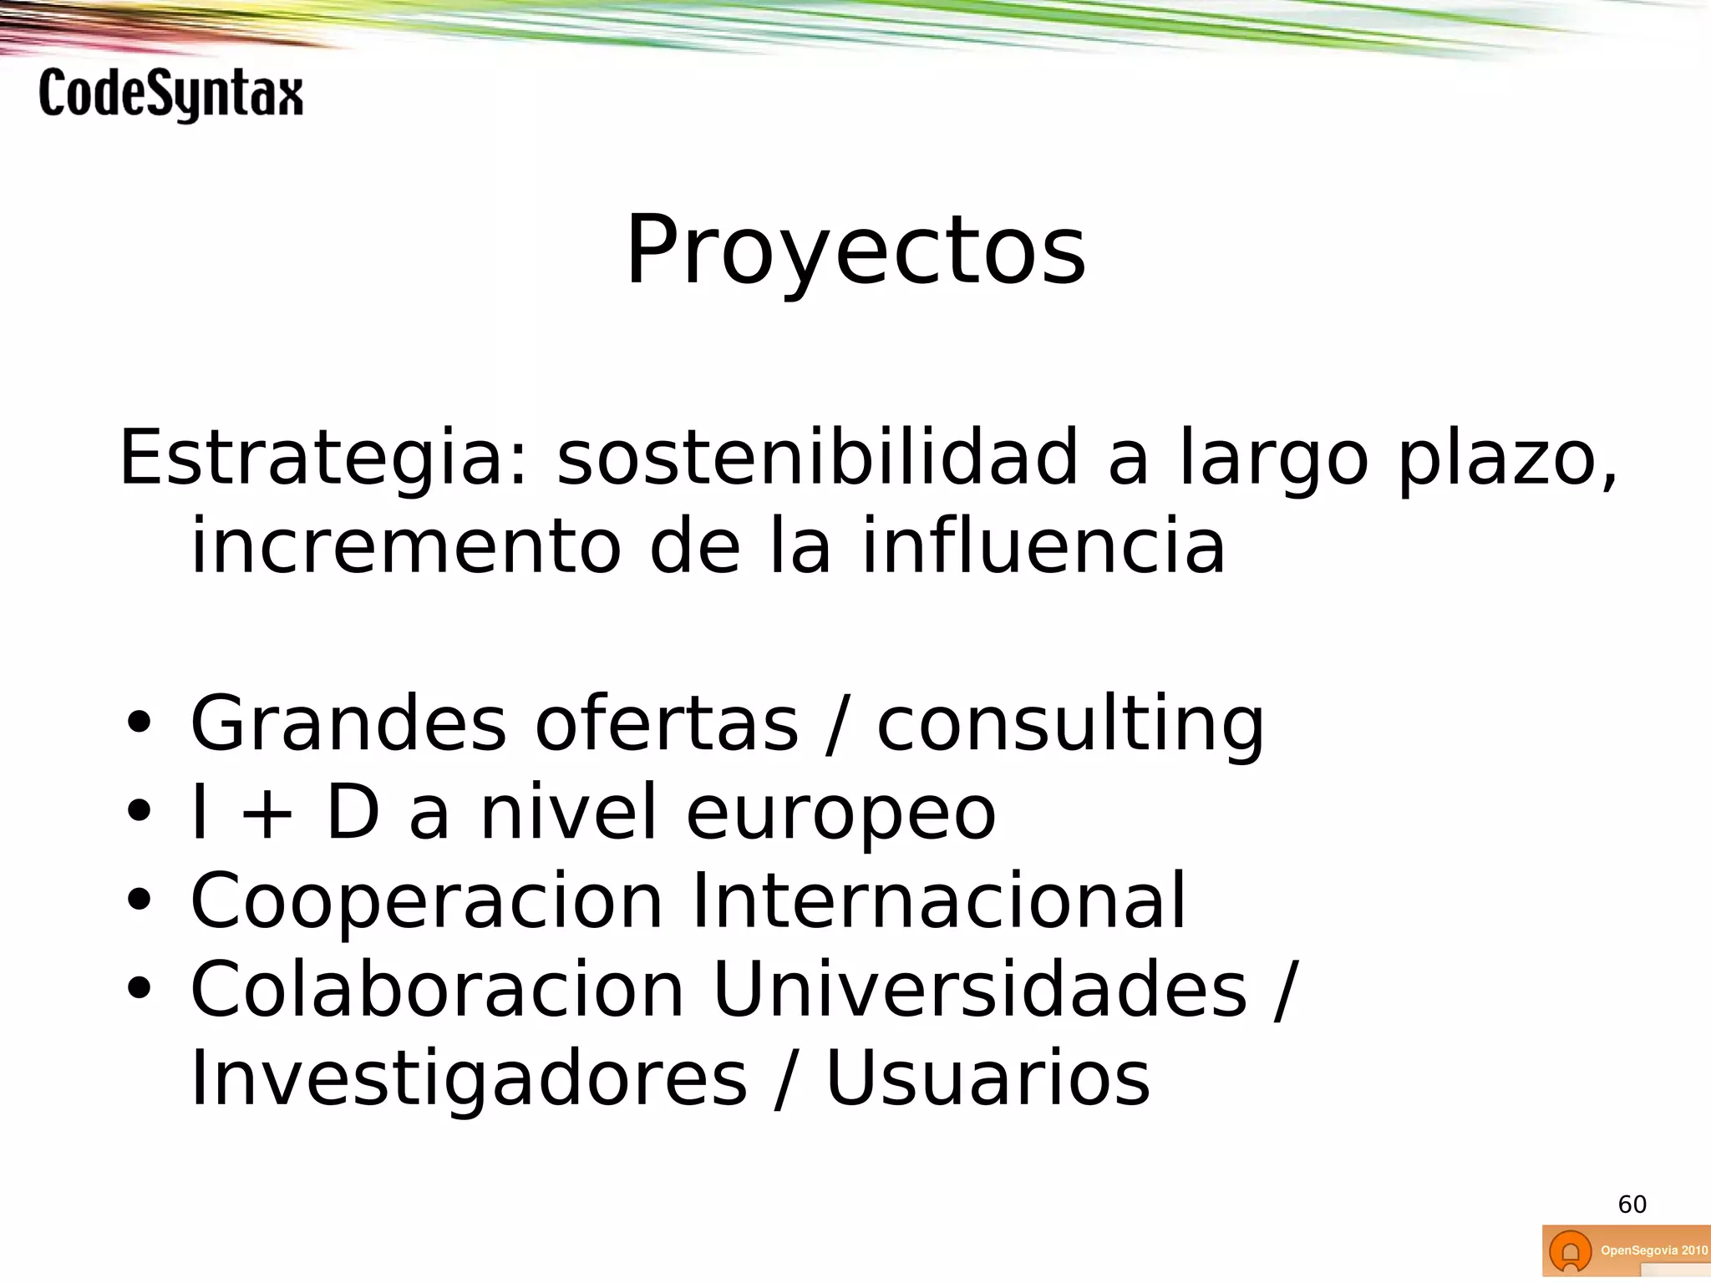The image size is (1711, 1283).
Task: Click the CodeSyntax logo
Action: [x=170, y=94]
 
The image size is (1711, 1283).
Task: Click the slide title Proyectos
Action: [x=855, y=251]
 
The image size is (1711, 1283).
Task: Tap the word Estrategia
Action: [x=324, y=458]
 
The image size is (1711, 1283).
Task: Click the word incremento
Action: [x=406, y=546]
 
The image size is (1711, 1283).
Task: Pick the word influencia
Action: [x=1043, y=546]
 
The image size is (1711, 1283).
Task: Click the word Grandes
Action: [x=348, y=723]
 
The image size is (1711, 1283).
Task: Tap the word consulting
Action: [x=1070, y=725]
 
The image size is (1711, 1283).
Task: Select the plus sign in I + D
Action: [x=267, y=814]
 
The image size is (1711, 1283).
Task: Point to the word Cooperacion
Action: [x=426, y=901]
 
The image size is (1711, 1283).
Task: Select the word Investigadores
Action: [x=468, y=1079]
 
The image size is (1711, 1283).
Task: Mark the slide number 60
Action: [x=1632, y=1204]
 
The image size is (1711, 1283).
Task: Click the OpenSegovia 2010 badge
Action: [x=1626, y=1250]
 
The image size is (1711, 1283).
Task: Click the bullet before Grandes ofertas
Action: [x=139, y=723]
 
